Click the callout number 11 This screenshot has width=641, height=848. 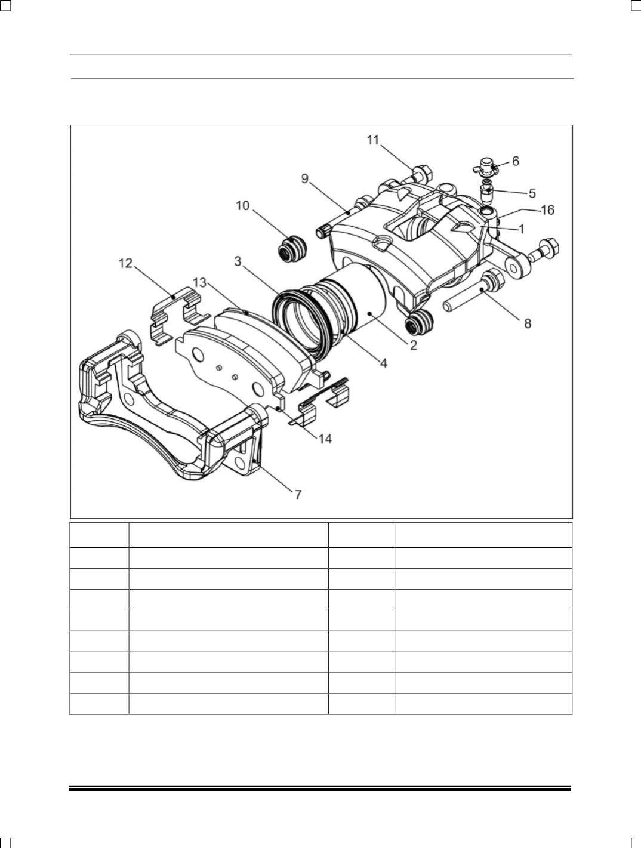point(373,140)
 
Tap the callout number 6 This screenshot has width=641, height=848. point(516,161)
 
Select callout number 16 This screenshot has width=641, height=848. point(547,210)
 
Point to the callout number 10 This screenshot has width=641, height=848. point(243,205)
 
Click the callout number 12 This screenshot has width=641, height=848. point(125,264)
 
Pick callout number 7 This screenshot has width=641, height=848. point(298,495)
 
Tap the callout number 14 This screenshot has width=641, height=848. point(325,439)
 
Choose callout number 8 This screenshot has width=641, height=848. point(528,324)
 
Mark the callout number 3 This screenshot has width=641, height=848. point(238,261)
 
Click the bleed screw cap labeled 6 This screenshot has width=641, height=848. point(486,166)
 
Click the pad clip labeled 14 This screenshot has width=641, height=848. point(320,402)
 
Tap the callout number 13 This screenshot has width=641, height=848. point(199,283)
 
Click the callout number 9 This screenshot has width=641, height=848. point(305,179)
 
